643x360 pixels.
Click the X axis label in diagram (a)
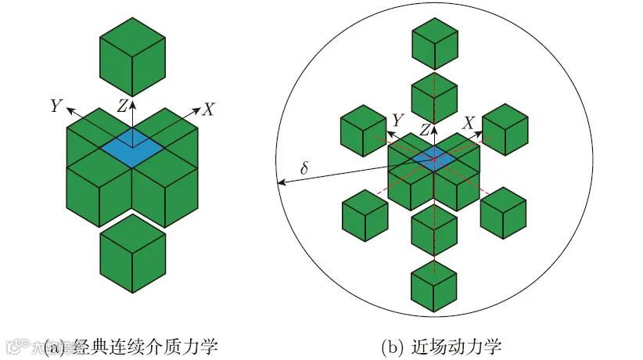point(207,110)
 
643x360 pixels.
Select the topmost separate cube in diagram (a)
point(132,57)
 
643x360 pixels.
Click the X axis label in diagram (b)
point(469,123)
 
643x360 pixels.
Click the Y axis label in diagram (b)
point(397,121)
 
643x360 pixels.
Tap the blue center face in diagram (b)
point(435,159)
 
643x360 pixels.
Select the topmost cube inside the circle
point(434,40)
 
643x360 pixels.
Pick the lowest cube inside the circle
point(434,286)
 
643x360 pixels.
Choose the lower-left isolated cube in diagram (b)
point(365,214)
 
